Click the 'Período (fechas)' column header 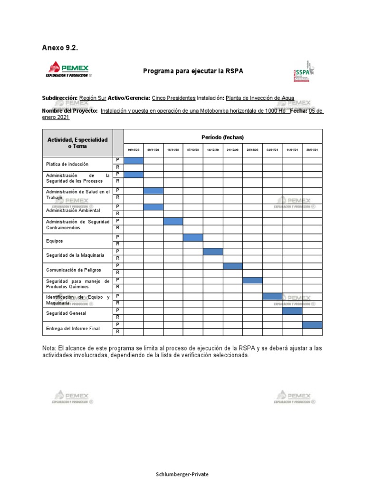[x=222, y=137]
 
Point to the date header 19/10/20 [x=134, y=150]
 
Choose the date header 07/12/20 [x=193, y=150]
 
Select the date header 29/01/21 [x=312, y=150]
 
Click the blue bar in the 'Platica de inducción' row [x=134, y=160]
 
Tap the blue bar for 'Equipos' [x=193, y=237]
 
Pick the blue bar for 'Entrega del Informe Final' [x=312, y=324]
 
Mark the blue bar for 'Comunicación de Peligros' [x=232, y=266]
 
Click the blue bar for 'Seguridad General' [x=292, y=311]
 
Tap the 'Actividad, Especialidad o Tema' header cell [x=77, y=143]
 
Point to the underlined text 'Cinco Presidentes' [x=173, y=98]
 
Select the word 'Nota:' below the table [x=51, y=348]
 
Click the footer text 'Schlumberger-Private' [x=182, y=474]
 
